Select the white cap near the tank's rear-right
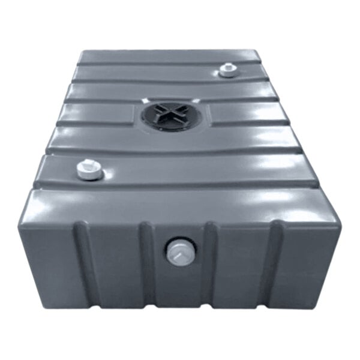click(228, 70)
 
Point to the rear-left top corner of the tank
click(81, 52)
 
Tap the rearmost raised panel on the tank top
click(168, 56)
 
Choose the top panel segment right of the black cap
click(246, 113)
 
